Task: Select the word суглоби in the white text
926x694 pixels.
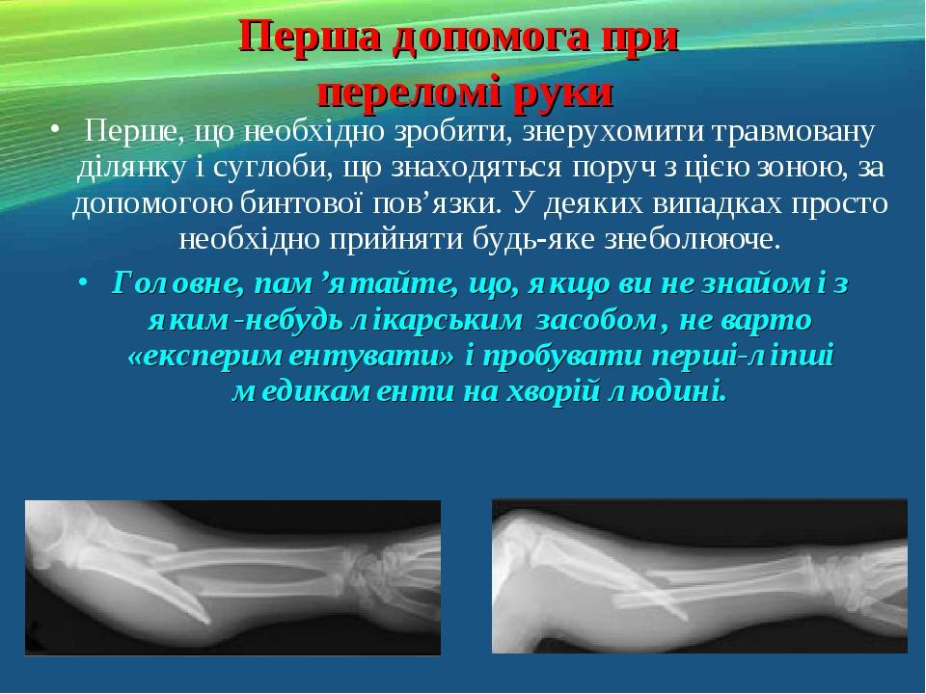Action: point(269,168)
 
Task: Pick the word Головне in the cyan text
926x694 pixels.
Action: point(179,284)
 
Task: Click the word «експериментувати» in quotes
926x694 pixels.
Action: point(292,357)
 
